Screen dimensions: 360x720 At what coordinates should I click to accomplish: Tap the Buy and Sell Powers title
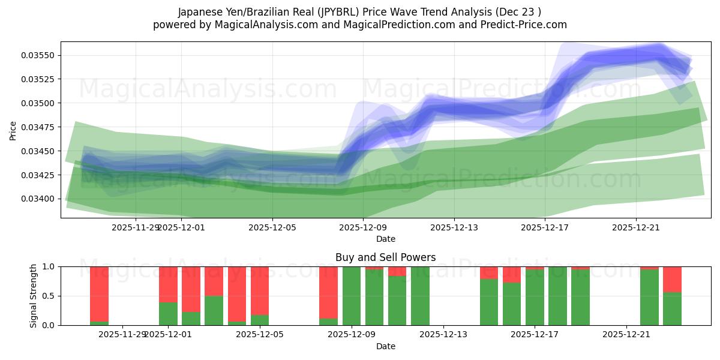click(385, 257)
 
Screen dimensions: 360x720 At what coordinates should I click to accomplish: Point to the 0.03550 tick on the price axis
click(38, 55)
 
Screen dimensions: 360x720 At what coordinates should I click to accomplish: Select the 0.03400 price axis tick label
click(38, 199)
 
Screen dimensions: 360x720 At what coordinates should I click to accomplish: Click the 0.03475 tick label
click(38, 127)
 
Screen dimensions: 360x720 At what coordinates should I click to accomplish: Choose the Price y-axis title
click(13, 130)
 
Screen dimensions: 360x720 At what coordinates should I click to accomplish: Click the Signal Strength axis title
click(34, 296)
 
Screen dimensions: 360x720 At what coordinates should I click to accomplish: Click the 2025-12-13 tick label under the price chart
click(454, 227)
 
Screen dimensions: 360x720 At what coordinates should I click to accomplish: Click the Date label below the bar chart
click(385, 346)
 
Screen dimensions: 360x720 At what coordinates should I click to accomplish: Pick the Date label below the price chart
click(385, 239)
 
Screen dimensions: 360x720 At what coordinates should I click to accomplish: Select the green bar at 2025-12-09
click(352, 296)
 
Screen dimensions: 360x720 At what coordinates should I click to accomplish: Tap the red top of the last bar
click(672, 279)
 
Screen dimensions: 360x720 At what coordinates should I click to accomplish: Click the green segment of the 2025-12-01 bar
click(168, 314)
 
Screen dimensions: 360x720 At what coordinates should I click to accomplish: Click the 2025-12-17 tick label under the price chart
click(545, 227)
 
